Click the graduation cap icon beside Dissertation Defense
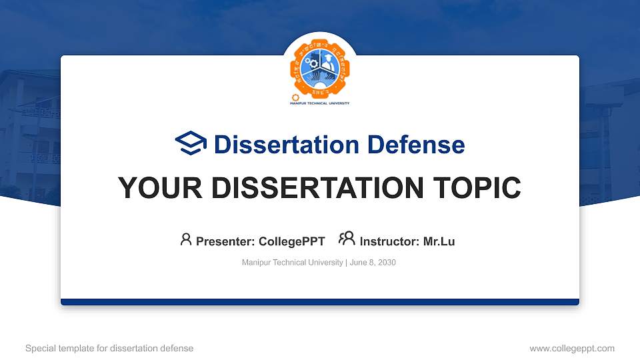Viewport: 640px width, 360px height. click(x=191, y=144)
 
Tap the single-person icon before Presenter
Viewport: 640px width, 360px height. click(x=186, y=239)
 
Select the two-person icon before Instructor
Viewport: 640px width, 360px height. click(x=347, y=239)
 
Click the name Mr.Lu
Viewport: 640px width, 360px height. click(x=439, y=241)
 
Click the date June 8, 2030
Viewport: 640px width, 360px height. click(x=373, y=263)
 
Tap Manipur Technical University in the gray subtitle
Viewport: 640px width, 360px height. click(x=292, y=263)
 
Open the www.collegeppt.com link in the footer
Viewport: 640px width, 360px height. click(x=571, y=348)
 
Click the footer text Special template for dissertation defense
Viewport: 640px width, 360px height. click(x=109, y=348)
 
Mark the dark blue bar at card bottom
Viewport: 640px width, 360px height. click(x=320, y=302)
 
